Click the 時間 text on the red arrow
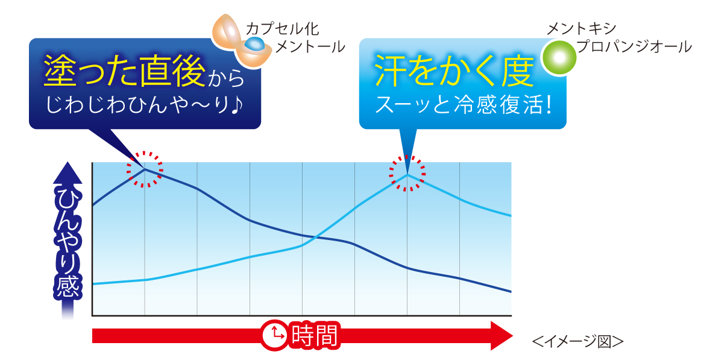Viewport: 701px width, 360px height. pyautogui.click(x=314, y=335)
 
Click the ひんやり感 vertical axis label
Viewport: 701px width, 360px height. pyautogui.click(x=67, y=243)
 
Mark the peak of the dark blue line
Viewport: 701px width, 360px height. pyautogui.click(x=145, y=169)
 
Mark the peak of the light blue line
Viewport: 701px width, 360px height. pyautogui.click(x=407, y=174)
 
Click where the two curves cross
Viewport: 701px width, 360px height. pyautogui.click(x=314, y=237)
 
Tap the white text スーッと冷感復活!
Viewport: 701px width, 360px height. pyautogui.click(x=464, y=105)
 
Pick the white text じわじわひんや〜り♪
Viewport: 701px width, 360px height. pyautogui.click(x=144, y=105)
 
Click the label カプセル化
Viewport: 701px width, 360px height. pyautogui.click(x=282, y=29)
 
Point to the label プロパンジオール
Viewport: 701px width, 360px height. pyautogui.click(x=634, y=46)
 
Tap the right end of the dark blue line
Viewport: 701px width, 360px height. pyautogui.click(x=511, y=292)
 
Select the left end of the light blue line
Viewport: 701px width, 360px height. pyautogui.click(x=93, y=284)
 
